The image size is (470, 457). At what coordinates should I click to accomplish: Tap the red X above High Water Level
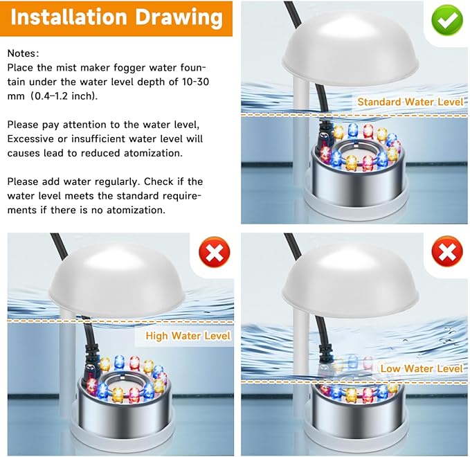[215, 253]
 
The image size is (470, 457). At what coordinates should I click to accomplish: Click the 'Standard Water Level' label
[410, 102]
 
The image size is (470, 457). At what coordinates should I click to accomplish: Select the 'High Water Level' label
[188, 337]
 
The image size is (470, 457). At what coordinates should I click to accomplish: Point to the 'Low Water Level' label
[421, 368]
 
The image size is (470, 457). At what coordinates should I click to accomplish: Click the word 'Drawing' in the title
[180, 18]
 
